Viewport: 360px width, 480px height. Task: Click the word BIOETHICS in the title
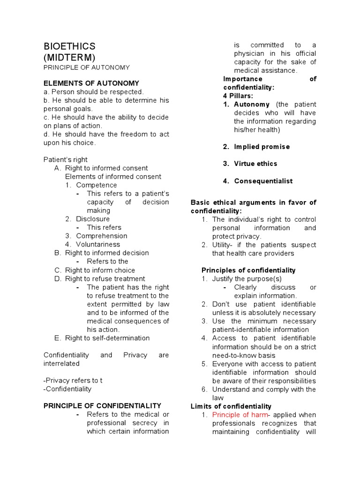[69, 46]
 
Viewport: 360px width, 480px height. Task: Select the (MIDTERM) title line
[69, 57]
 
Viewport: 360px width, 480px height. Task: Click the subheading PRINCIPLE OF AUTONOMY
[86, 67]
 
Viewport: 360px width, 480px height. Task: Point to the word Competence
[97, 185]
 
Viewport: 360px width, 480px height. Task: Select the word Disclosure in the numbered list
[93, 219]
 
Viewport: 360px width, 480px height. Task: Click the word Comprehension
[102, 236]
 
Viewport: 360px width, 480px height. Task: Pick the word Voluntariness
[98, 244]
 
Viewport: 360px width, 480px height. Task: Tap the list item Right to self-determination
[107, 338]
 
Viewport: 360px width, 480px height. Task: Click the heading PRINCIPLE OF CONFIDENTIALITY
[102, 405]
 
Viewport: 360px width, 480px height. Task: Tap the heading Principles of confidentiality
[248, 270]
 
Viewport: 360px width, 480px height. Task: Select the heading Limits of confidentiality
[231, 406]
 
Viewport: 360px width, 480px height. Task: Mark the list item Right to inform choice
[100, 270]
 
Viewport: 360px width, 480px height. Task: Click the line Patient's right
[65, 159]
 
